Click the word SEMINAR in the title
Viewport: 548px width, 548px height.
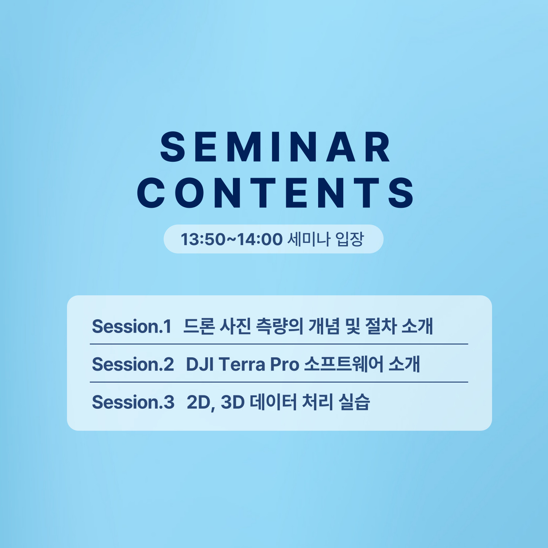point(275,147)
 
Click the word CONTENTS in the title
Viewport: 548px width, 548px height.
point(275,193)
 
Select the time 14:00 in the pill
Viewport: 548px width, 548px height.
point(260,239)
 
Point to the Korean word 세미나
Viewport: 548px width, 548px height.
point(309,239)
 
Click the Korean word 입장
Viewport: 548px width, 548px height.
point(349,239)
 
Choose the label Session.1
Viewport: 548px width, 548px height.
point(131,326)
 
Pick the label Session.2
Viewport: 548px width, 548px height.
point(133,364)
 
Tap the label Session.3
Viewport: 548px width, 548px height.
point(133,402)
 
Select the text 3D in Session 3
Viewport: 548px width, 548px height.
point(233,402)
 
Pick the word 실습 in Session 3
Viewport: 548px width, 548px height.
point(354,402)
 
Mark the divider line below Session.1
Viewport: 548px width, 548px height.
point(279,344)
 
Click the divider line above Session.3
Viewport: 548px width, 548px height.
point(279,382)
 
